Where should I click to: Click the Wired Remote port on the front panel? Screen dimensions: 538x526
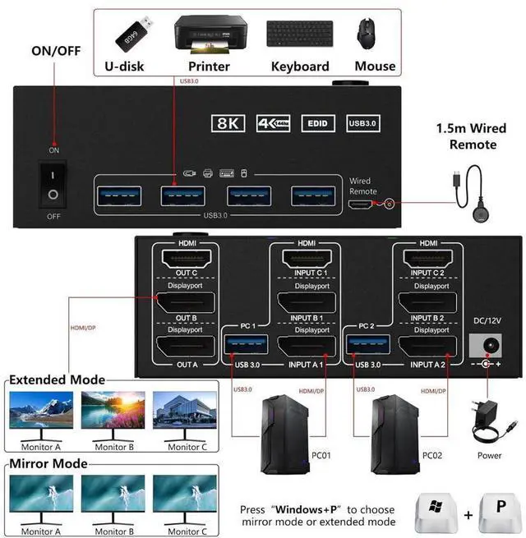360,200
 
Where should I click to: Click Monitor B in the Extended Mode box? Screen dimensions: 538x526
113,412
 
